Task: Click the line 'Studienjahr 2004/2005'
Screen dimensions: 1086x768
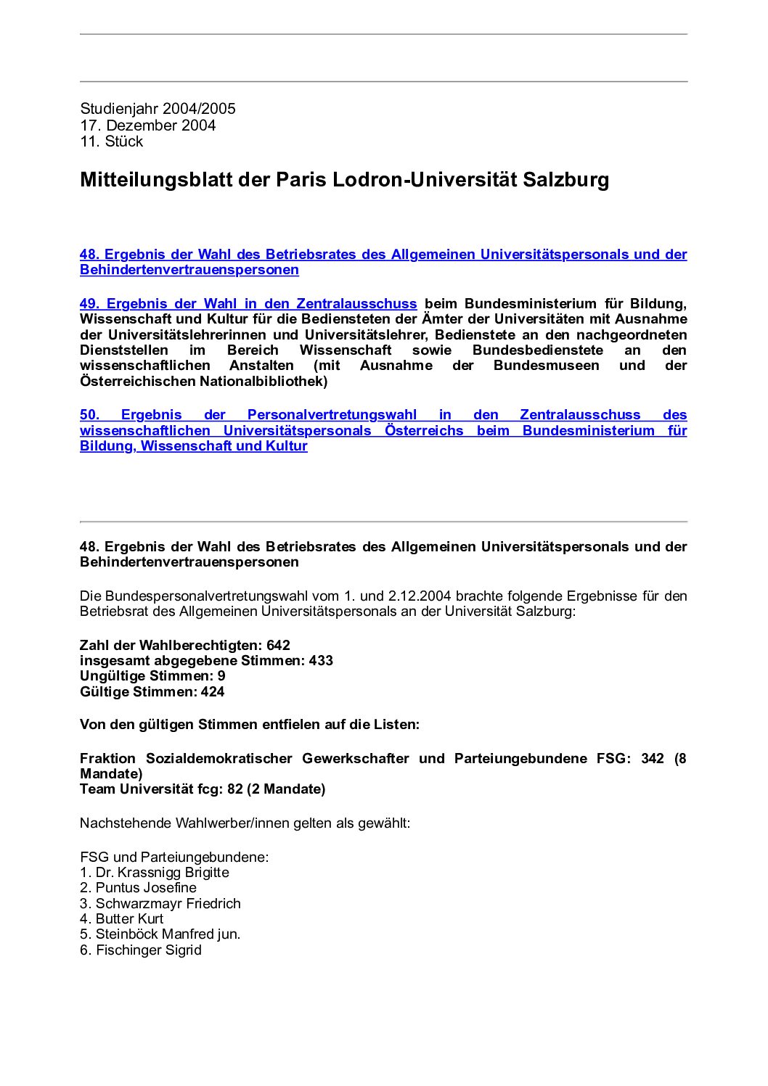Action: pos(158,109)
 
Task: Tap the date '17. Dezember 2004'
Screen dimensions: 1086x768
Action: pos(147,125)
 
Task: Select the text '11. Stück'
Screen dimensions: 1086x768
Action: pos(111,141)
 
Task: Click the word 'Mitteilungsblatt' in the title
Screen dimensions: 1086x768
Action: pos(156,180)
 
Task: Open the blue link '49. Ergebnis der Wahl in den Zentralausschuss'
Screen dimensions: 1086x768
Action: pos(248,304)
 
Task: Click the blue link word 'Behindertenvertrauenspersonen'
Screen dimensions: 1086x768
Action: pos(189,270)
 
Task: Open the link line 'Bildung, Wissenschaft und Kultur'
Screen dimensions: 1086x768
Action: pos(193,446)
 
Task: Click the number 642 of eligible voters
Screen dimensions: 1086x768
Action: pos(278,645)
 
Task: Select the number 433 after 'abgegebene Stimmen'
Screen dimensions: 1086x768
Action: pos(321,660)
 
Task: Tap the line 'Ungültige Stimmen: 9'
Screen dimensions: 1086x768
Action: pos(152,675)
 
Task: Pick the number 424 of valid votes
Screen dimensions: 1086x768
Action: pos(213,691)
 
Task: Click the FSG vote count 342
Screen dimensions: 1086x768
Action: pos(653,758)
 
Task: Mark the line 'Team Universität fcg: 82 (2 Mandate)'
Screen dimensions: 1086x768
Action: pos(203,789)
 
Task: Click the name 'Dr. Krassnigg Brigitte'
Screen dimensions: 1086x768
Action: pos(162,872)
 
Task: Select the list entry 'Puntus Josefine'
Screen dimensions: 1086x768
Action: pos(146,887)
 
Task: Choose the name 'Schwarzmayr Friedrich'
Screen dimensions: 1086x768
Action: pos(168,903)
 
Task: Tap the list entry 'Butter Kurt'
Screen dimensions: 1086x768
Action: pos(129,918)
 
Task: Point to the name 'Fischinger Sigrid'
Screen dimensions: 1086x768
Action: pos(149,950)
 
